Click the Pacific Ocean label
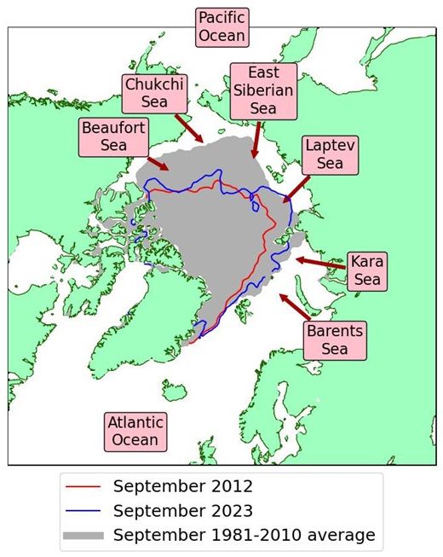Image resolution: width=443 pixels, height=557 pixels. (x=221, y=26)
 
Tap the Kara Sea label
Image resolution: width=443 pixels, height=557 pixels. (x=367, y=271)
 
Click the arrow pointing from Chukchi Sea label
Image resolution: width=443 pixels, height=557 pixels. (x=188, y=127)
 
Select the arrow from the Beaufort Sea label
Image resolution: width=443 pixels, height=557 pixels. (x=158, y=163)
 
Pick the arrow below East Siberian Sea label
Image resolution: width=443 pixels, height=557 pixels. (x=255, y=137)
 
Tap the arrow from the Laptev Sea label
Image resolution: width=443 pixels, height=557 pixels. (x=299, y=186)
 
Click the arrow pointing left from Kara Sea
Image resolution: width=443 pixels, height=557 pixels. (x=321, y=264)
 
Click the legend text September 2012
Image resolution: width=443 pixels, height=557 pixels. (x=182, y=487)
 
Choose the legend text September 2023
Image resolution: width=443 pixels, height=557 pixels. (x=182, y=512)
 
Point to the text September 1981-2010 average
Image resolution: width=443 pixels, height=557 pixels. (x=244, y=536)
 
